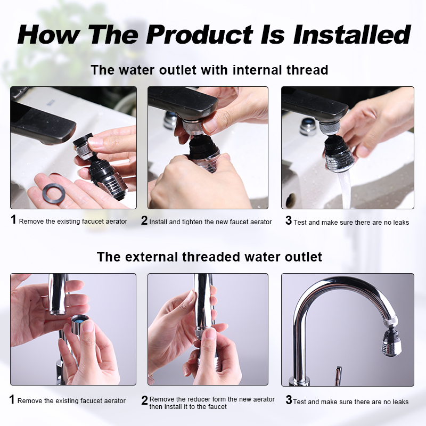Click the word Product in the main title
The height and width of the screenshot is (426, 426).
pos(200,35)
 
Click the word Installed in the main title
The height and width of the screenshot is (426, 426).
pos(351,35)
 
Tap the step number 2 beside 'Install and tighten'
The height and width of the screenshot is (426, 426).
pos(144,220)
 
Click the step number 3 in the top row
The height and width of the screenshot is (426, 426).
pos(289,220)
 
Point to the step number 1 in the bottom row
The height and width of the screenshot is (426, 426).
pos(12,399)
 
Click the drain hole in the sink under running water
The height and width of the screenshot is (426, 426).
pos(291,200)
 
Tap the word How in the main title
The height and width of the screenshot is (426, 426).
pos(48,35)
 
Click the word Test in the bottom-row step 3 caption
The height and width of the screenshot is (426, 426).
pos(300,402)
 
